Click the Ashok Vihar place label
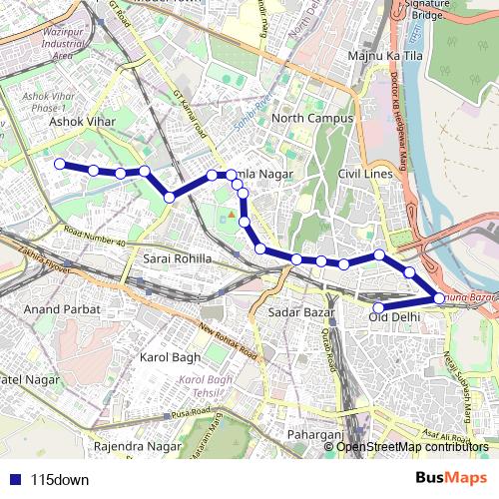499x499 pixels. (83, 122)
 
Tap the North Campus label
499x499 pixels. (312, 119)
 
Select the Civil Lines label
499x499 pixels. (365, 173)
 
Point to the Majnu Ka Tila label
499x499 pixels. (386, 54)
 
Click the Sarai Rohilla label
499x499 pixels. (178, 258)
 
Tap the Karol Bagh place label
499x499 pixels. (170, 356)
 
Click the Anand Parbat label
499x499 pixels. (63, 309)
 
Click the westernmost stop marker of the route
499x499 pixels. (60, 164)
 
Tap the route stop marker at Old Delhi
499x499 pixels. (378, 307)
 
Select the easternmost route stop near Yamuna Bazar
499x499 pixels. (440, 297)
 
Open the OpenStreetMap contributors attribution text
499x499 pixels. (412, 446)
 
